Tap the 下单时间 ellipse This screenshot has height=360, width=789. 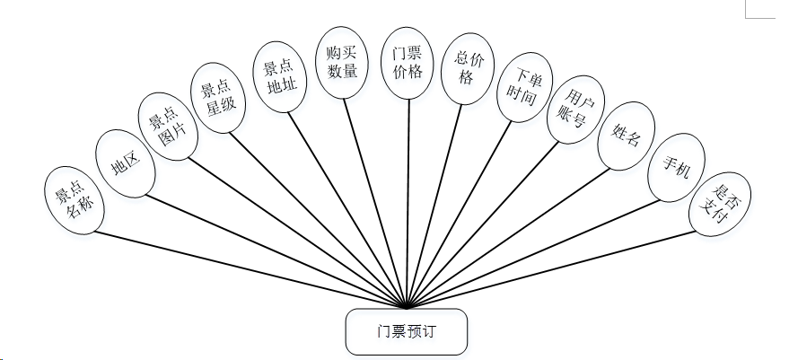[x=521, y=89]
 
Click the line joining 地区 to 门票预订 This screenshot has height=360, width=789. [x=278, y=250]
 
